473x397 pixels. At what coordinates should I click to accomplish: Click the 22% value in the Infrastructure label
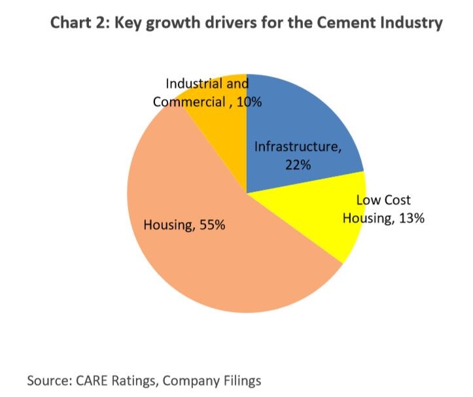[x=297, y=164]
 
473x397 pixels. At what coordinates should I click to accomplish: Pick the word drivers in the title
[x=226, y=24]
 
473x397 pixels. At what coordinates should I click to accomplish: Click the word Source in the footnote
[x=50, y=379]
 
